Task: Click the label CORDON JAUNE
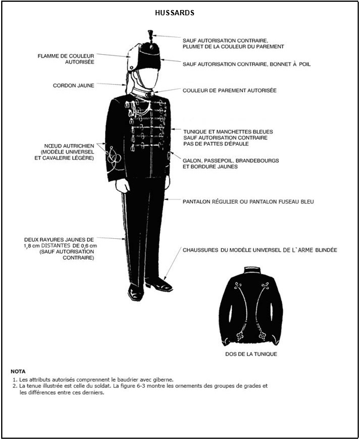click(74, 85)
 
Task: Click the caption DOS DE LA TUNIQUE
click(251, 354)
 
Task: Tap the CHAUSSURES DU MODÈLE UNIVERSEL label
click(260, 250)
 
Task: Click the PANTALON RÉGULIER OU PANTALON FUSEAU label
click(248, 201)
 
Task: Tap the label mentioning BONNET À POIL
click(246, 64)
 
